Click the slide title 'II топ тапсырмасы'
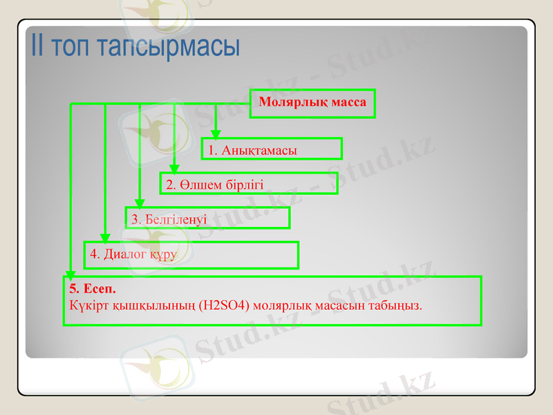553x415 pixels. coord(135,46)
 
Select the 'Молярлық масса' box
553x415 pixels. coord(312,103)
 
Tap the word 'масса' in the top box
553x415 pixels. coord(350,103)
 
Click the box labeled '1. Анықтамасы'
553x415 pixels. coord(272,149)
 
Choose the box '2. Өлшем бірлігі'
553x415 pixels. coord(249,183)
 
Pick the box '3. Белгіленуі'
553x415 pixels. coord(207,218)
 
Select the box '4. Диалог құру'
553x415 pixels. coord(191,255)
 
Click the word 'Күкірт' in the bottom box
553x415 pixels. coord(86,304)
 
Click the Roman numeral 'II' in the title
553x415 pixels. coord(39,46)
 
